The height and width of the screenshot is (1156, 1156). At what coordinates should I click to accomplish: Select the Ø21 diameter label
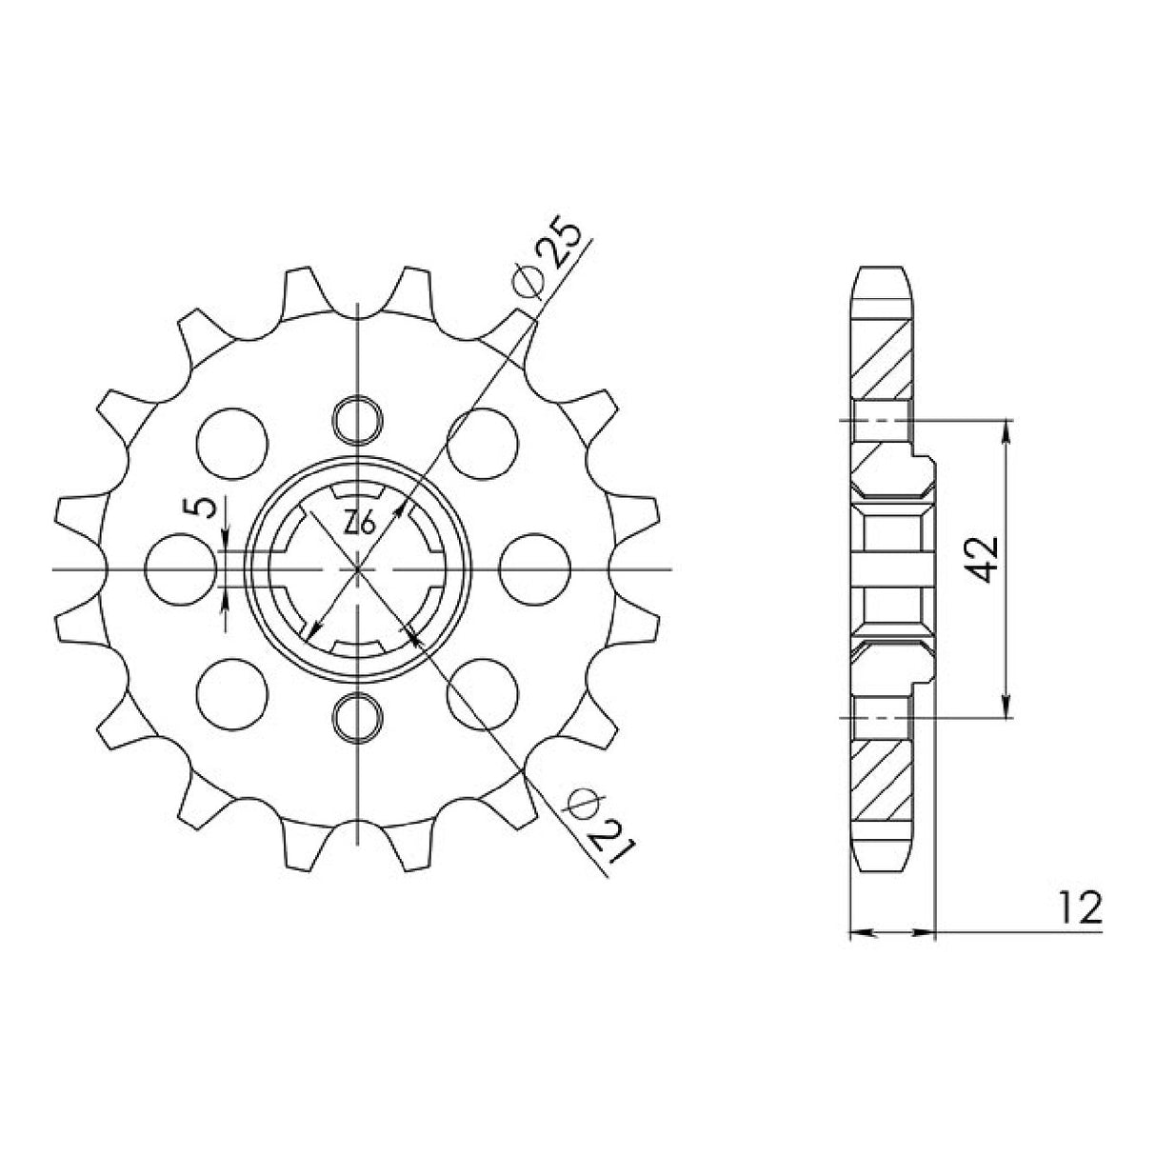pos(598,818)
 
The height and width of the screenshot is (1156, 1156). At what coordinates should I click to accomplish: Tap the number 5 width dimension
pos(203,508)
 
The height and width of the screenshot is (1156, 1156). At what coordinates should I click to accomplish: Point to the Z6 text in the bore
pos(358,522)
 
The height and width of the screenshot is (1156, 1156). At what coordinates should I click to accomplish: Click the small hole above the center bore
pos(358,419)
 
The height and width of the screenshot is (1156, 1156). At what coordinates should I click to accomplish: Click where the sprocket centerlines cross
pos(358,568)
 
